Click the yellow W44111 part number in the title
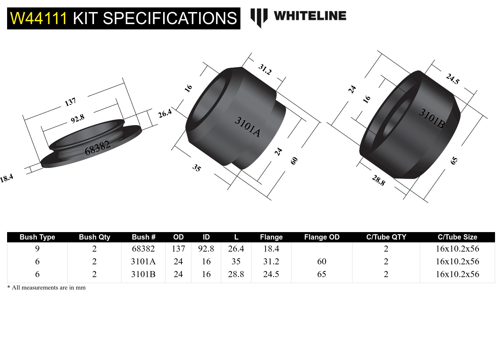pyautogui.click(x=38, y=18)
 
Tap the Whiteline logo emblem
pyautogui.click(x=259, y=17)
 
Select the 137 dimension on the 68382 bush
pyautogui.click(x=70, y=102)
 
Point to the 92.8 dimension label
pyautogui.click(x=77, y=118)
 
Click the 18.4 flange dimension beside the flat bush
pyautogui.click(x=6, y=178)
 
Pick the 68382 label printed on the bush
pyautogui.click(x=97, y=147)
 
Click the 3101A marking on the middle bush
pyautogui.click(x=248, y=127)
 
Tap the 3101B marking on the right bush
pyautogui.click(x=432, y=118)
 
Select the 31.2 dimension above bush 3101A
pyautogui.click(x=265, y=69)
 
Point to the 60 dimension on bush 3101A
pyautogui.click(x=294, y=161)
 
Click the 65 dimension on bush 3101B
pyautogui.click(x=454, y=161)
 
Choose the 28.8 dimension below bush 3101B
pyautogui.click(x=378, y=180)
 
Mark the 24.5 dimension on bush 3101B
pyautogui.click(x=453, y=79)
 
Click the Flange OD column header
pyautogui.click(x=322, y=237)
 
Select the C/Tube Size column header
pyautogui.click(x=457, y=237)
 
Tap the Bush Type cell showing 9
pyautogui.click(x=37, y=249)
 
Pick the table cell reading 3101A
pyautogui.click(x=143, y=261)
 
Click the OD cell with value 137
pyautogui.click(x=178, y=249)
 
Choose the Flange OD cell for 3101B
pyautogui.click(x=322, y=274)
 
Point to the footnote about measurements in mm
pyautogui.click(x=46, y=287)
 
